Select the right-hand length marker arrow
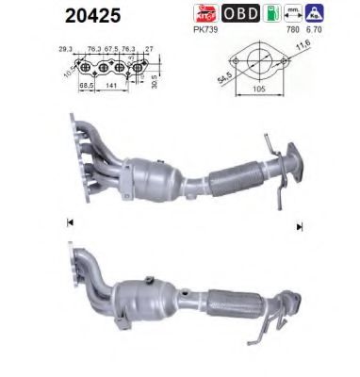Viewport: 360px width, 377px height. coord(301,225)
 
